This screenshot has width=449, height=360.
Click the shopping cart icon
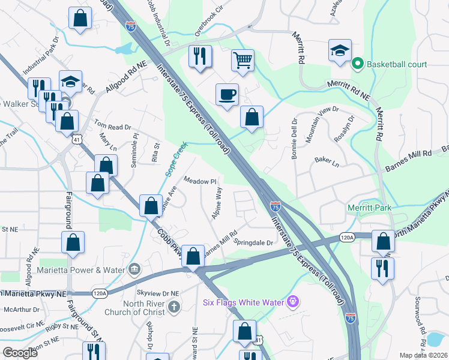[x=243, y=59]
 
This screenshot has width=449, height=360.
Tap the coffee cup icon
[x=227, y=94]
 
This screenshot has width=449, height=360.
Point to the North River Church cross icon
[x=173, y=308]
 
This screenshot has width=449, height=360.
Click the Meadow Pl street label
[x=199, y=181]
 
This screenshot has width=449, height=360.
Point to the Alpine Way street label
[x=218, y=201]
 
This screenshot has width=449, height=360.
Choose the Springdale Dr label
[x=253, y=242]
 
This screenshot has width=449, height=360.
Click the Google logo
[x=20, y=353]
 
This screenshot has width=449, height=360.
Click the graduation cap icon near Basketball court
[x=340, y=52]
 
